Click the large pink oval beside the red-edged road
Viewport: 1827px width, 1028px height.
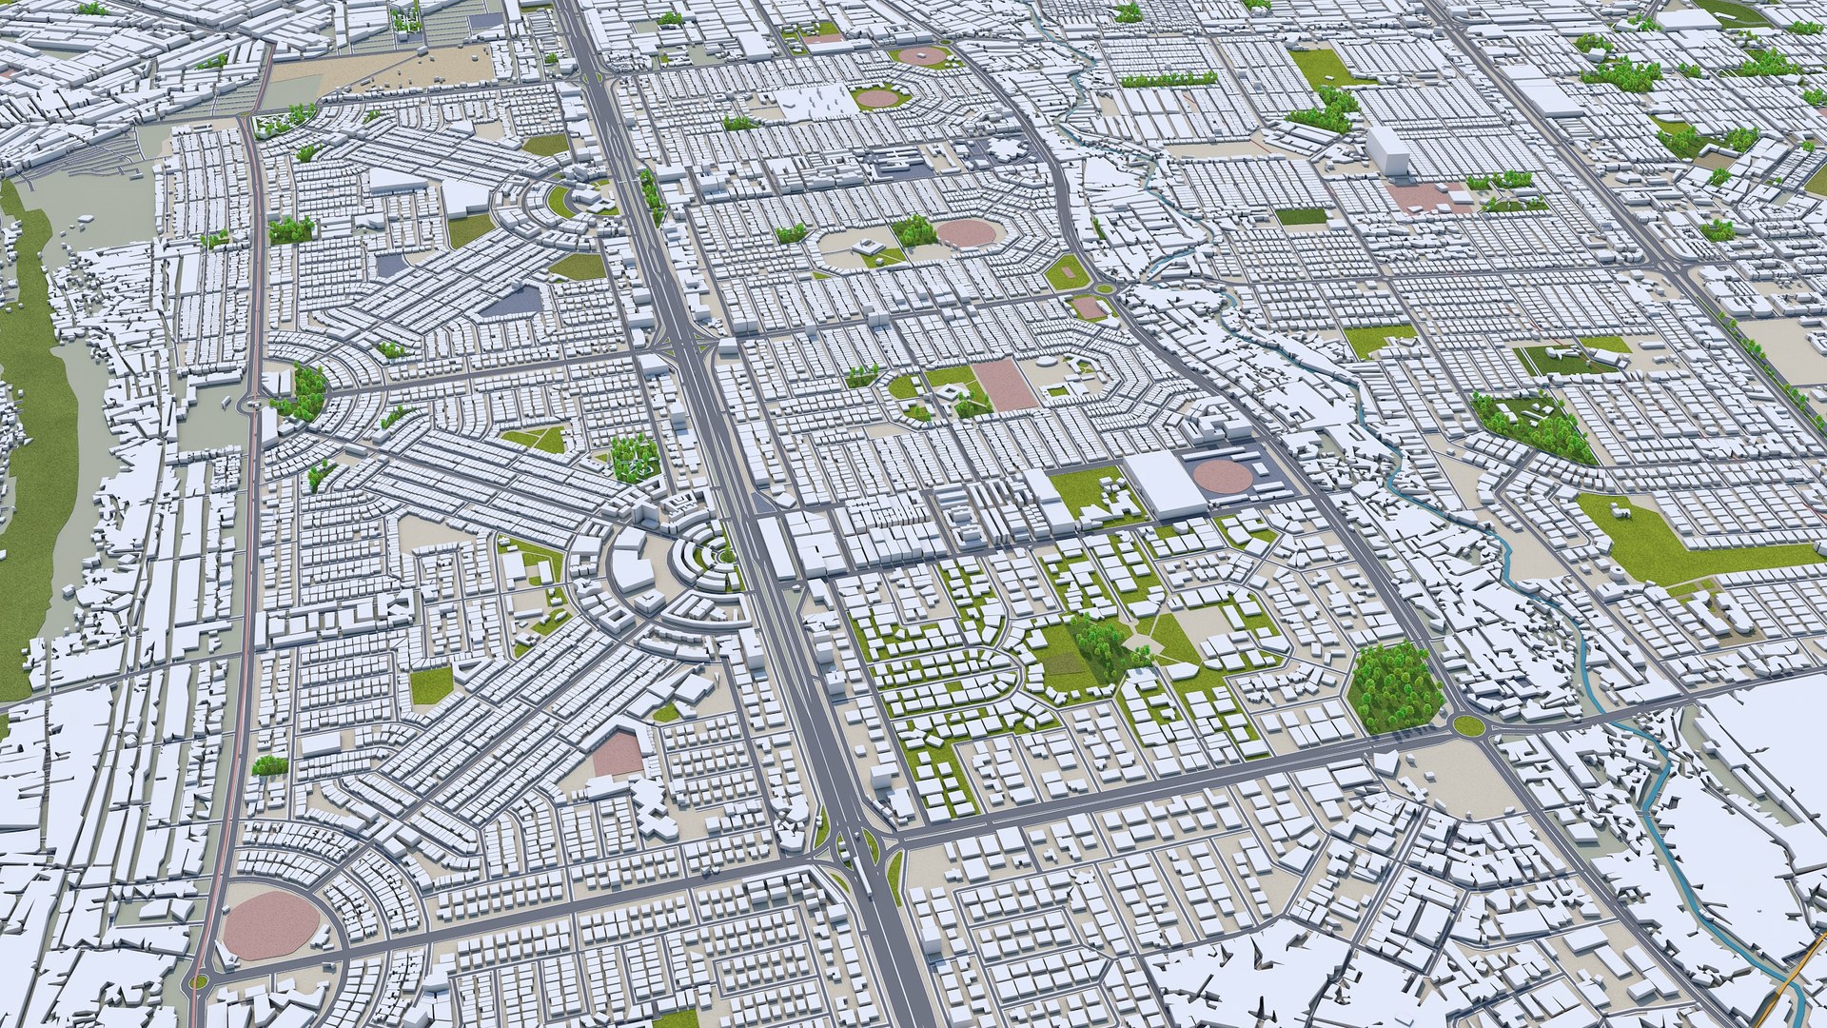pos(270,926)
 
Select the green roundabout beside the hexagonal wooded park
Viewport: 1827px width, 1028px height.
pos(1467,726)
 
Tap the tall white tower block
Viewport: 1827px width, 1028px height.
pos(1388,153)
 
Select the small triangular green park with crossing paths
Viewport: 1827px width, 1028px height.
pos(537,439)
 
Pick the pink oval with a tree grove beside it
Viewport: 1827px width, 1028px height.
pos(963,232)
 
